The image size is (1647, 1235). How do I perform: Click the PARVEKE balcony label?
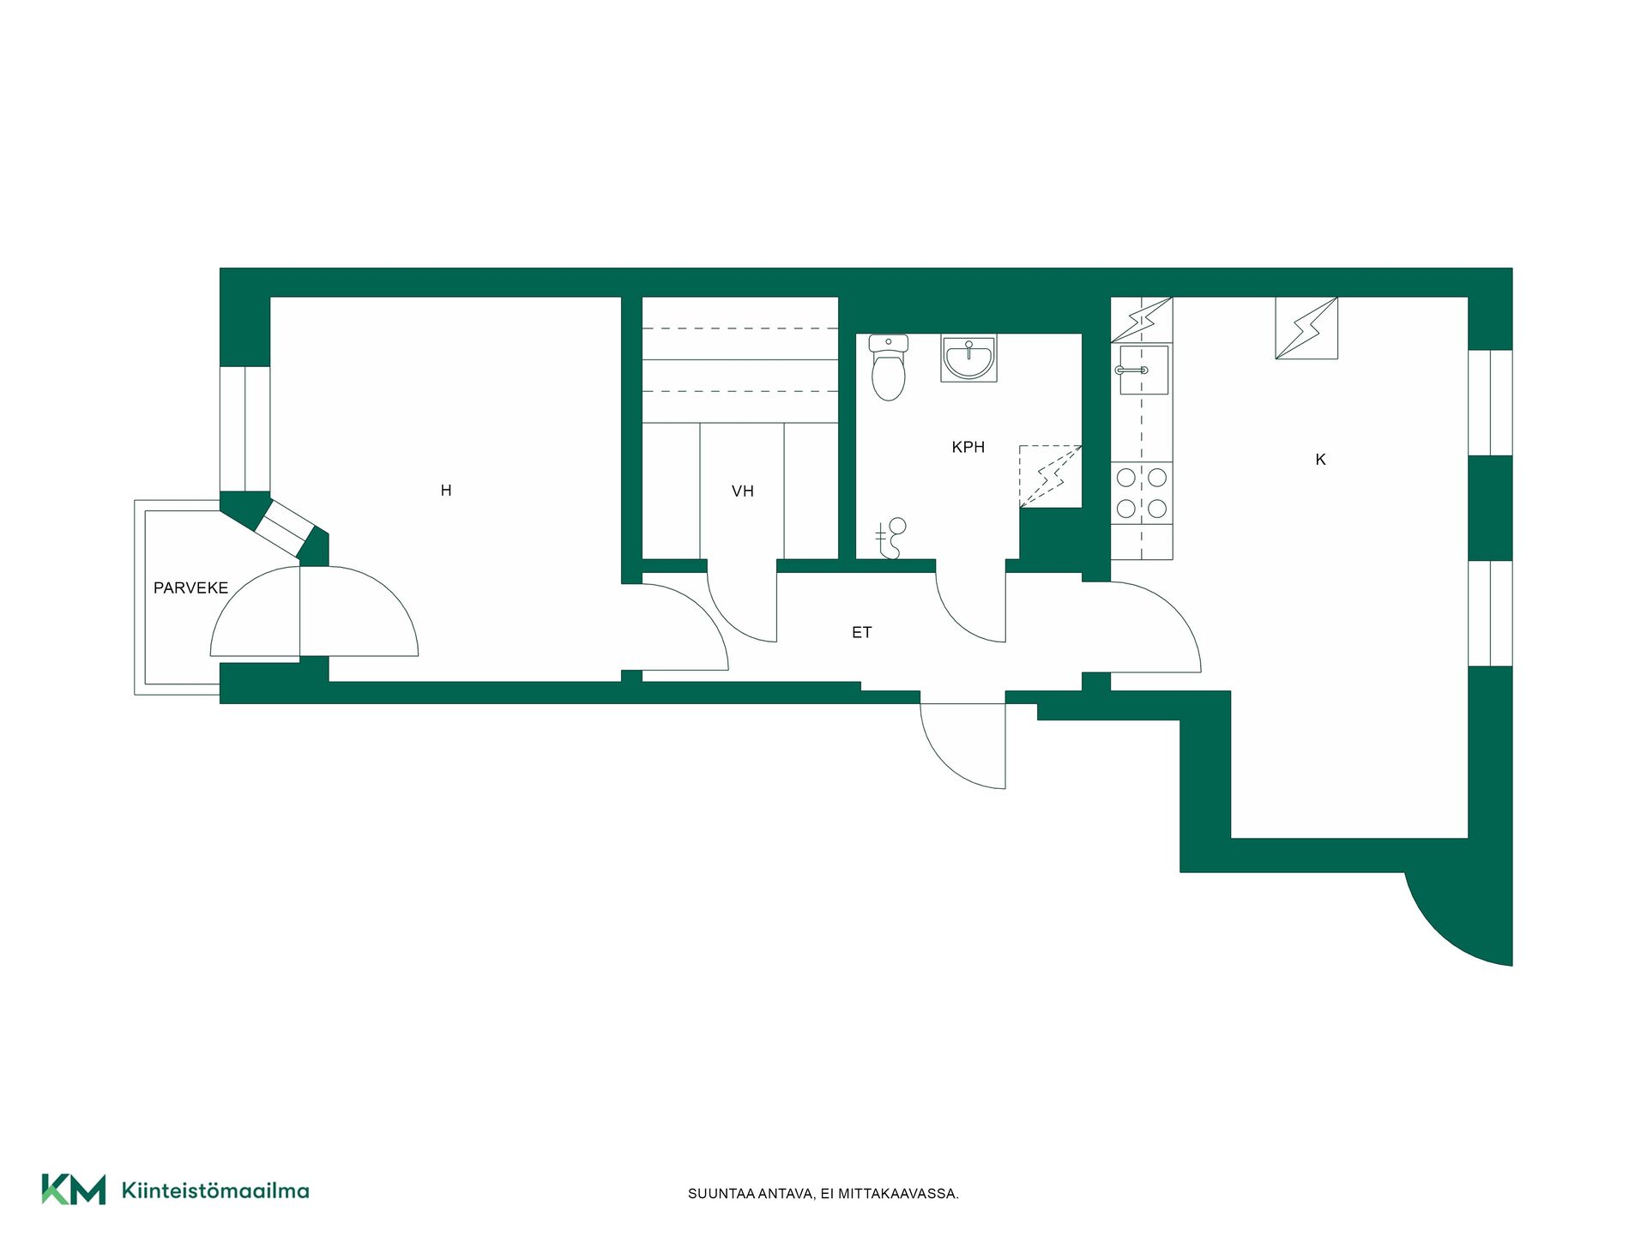click(x=190, y=587)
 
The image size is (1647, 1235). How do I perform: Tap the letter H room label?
click(x=446, y=491)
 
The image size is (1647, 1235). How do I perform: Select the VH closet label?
click(x=743, y=491)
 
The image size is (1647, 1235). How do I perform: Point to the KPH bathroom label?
click(x=968, y=447)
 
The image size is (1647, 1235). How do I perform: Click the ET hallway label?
click(x=862, y=633)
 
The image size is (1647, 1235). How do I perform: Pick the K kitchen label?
click(x=1321, y=460)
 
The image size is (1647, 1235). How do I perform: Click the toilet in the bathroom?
click(x=888, y=368)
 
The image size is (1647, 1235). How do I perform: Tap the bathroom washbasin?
click(x=969, y=358)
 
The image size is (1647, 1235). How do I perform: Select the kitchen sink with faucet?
click(x=1142, y=370)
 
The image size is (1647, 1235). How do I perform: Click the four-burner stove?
click(x=1142, y=492)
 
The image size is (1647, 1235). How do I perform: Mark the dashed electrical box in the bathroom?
click(x=1050, y=477)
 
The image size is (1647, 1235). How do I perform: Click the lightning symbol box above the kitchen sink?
click(x=1142, y=320)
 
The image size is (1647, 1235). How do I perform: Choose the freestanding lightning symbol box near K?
click(x=1306, y=328)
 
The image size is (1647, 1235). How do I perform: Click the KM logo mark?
click(x=74, y=1190)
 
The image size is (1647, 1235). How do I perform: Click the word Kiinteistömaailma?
click(x=215, y=1190)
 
